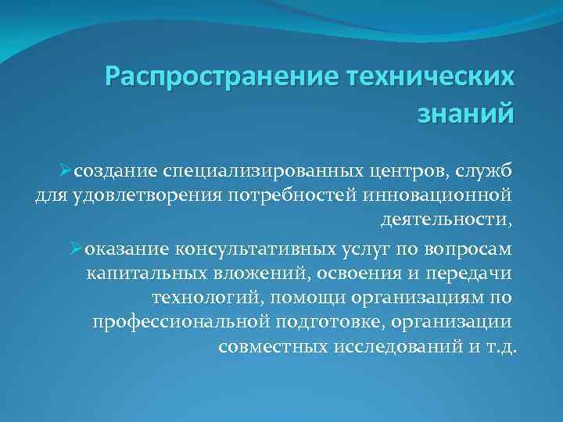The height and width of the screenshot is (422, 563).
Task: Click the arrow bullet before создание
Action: click(74, 170)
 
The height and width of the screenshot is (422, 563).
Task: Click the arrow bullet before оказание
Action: click(75, 249)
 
